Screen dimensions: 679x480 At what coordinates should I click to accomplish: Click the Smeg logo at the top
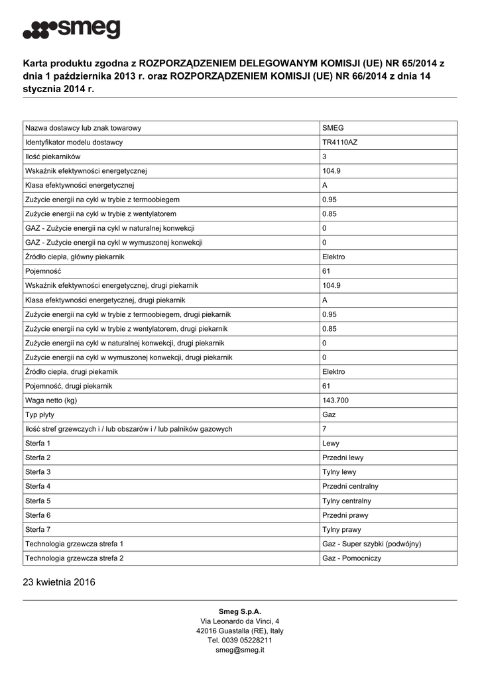[72, 29]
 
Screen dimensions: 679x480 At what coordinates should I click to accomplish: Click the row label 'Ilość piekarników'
[53, 156]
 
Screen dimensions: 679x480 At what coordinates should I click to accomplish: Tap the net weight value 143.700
[335, 401]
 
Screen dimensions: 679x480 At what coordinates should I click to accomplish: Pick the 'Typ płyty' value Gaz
[328, 414]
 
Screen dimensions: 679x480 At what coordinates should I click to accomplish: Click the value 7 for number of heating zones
[324, 429]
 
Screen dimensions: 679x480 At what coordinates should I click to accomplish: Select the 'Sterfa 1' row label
[38, 443]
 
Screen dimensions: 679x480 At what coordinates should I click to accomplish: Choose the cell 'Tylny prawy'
[341, 529]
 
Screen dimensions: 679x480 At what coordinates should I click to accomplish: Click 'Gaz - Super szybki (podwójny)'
[371, 544]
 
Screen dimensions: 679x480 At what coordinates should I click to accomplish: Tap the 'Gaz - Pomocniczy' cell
[351, 558]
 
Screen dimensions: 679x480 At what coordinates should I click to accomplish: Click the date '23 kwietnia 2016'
[59, 583]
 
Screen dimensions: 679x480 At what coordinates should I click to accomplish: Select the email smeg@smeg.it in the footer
[240, 650]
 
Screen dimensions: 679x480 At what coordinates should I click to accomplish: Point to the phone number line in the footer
[240, 641]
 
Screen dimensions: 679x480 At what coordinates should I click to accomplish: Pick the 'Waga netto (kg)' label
[51, 401]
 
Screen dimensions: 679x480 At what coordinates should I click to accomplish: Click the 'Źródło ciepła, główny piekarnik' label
[75, 257]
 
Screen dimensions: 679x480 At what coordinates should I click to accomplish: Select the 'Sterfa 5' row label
[38, 501]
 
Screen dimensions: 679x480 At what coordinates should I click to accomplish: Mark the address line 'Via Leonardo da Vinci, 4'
[240, 621]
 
